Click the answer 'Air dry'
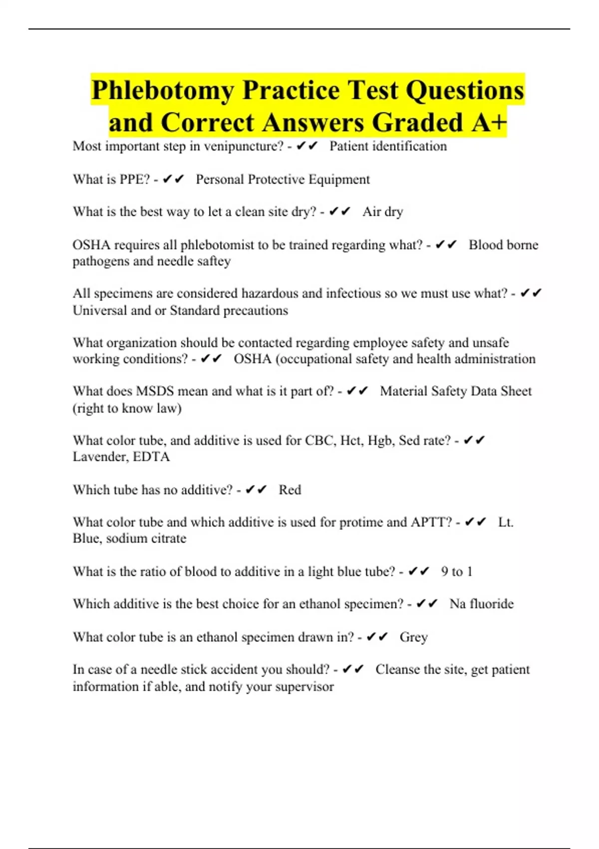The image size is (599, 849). pyautogui.click(x=382, y=212)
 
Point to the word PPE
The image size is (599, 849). pyautogui.click(x=134, y=179)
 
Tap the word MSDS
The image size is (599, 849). pyautogui.click(x=155, y=391)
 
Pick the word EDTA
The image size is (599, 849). pyautogui.click(x=151, y=456)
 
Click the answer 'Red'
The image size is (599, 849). pyautogui.click(x=290, y=489)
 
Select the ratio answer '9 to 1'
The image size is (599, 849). pyautogui.click(x=456, y=571)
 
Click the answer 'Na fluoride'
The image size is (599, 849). pyautogui.click(x=481, y=604)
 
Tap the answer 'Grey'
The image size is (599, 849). pyautogui.click(x=413, y=637)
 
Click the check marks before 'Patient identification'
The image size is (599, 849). pyautogui.click(x=307, y=146)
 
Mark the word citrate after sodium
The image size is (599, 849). pyautogui.click(x=166, y=538)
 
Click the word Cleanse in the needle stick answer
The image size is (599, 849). pyautogui.click(x=398, y=669)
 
